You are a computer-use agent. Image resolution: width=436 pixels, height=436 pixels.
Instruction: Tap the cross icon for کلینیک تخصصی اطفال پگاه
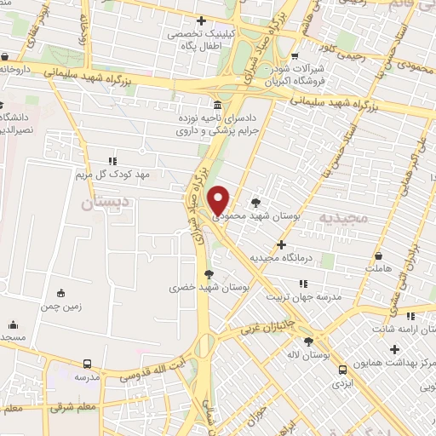201,21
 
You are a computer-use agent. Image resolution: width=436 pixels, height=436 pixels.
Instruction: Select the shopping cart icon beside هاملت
378,255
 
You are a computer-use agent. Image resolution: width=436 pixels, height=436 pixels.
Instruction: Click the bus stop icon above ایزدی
342,369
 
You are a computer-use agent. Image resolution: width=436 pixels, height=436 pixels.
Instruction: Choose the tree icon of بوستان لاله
307,341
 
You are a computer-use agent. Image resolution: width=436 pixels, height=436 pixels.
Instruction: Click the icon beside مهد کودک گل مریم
111,160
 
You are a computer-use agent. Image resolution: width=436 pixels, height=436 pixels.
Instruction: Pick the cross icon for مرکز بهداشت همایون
393,349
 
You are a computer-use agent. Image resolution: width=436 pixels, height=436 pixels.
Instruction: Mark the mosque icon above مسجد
13,324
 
